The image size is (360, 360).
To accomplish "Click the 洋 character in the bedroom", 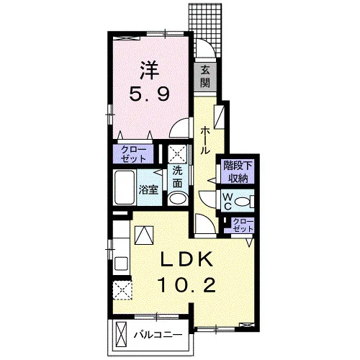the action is coord(150,70).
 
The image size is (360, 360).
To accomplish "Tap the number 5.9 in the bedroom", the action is coord(150,94).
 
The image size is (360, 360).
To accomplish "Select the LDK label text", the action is coord(186,259).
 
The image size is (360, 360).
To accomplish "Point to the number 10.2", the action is coord(186,285).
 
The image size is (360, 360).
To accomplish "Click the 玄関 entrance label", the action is coord(205,77).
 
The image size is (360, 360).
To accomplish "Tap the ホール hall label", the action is coord(205,140).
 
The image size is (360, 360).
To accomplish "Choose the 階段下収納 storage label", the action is coord(238,171).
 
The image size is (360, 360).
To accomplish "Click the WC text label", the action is coord(228,202).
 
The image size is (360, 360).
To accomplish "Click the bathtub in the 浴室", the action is coord(124,187).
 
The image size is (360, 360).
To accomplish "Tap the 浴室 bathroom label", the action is coord(148,190).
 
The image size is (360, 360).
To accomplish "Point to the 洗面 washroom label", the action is coord(178,177).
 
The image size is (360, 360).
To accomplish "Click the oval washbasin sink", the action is coord(178,199).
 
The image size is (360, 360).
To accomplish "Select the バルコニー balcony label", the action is coord(158,334).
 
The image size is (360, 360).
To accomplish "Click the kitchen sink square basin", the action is coord(122,264).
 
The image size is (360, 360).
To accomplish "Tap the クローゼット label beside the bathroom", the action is coord(133,154).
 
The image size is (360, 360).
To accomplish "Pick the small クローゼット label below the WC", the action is coord(243,225).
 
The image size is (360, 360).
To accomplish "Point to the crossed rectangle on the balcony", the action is coord(121,333).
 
